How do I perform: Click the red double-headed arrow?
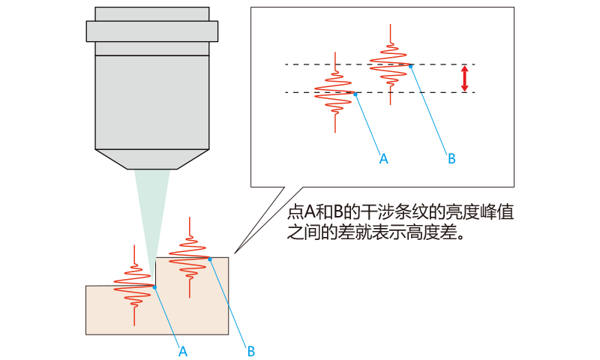(464, 79)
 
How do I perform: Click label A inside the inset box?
(383, 158)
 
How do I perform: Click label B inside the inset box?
(451, 158)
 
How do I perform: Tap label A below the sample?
(182, 350)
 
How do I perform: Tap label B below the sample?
(251, 350)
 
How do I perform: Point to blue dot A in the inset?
(355, 93)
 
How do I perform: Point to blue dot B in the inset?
(411, 65)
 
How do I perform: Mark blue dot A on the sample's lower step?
(154, 286)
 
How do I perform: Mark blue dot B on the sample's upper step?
(210, 259)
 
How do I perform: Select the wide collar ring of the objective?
(151, 31)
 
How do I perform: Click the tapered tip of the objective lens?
(151, 158)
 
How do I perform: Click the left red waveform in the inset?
(334, 93)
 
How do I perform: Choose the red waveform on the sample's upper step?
(188, 255)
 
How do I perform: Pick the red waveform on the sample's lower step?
(133, 287)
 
